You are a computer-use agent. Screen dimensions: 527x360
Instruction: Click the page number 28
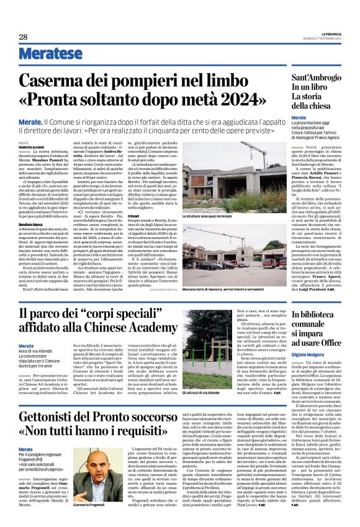pyautogui.click(x=23, y=37)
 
